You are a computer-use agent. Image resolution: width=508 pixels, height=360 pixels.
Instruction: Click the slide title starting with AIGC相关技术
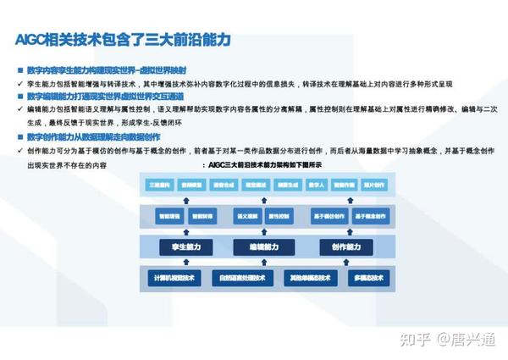point(123,40)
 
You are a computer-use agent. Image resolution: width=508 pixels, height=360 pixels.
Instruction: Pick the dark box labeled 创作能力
point(347,246)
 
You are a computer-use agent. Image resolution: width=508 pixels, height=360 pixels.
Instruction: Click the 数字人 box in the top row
point(315,184)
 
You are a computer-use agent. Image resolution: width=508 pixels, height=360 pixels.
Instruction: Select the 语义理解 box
point(247,216)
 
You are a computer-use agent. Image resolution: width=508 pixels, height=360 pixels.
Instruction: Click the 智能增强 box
point(166,216)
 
